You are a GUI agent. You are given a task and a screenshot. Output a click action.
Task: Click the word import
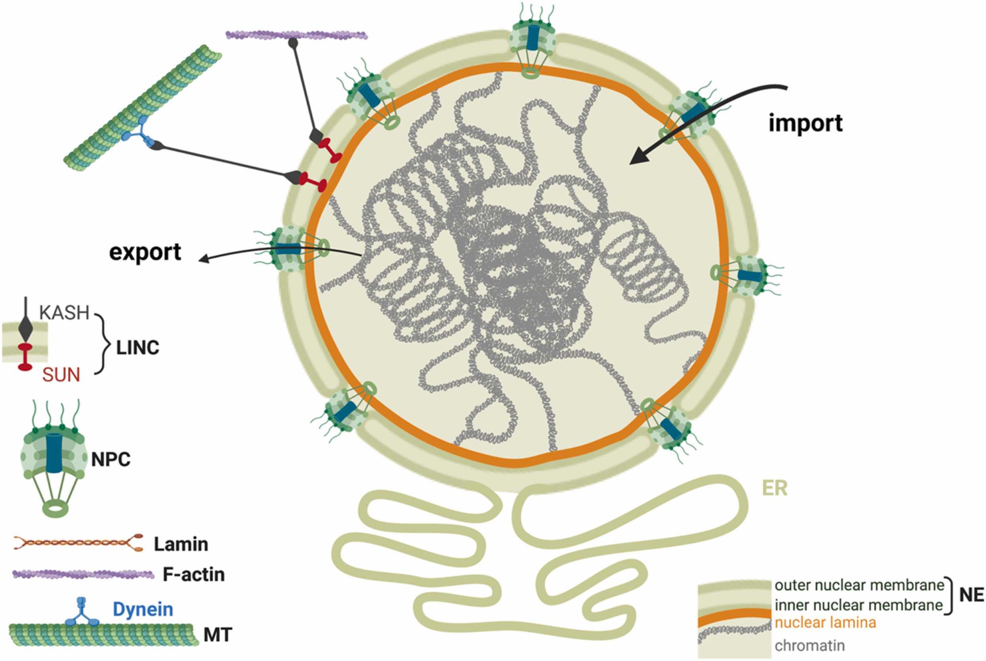805,123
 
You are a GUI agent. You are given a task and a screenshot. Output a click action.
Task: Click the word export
145,252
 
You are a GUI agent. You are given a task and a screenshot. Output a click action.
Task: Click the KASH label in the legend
64,313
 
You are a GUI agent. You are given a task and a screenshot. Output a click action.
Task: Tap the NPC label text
111,459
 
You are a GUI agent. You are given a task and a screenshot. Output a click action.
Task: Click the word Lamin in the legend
181,544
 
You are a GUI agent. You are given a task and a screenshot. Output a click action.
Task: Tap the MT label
217,635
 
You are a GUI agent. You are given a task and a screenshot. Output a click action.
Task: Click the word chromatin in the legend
809,645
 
